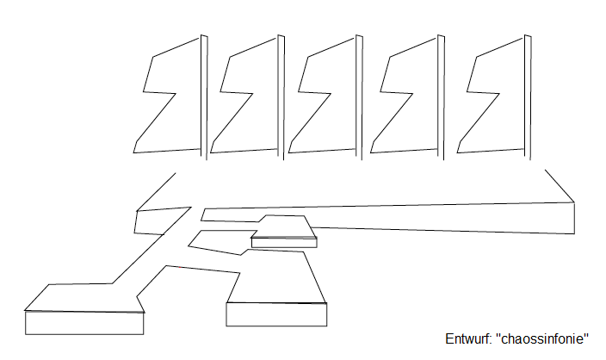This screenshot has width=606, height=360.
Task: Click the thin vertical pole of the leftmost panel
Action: (x=204, y=96)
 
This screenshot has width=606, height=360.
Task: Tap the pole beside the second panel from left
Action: (x=281, y=96)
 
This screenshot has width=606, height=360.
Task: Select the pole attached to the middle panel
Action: (x=359, y=96)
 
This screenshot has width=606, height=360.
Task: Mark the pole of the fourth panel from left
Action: (x=441, y=96)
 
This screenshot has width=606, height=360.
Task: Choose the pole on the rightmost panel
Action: (x=528, y=96)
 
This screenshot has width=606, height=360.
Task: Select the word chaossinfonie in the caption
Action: (x=541, y=338)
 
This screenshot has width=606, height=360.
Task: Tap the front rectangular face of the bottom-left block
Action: (x=84, y=323)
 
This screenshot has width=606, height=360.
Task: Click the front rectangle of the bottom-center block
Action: (x=276, y=314)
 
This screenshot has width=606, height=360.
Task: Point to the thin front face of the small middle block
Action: (x=284, y=243)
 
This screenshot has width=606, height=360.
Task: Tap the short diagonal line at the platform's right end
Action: (x=560, y=186)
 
